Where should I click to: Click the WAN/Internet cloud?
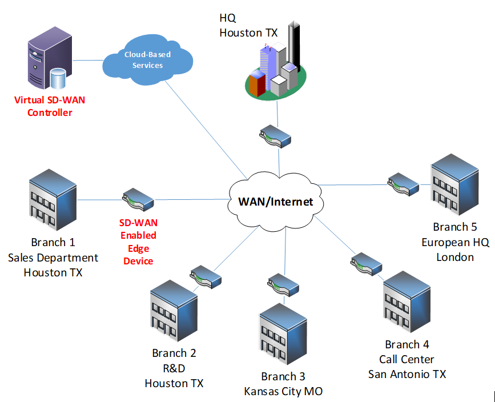click(275, 201)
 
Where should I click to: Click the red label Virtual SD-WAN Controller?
click(50, 106)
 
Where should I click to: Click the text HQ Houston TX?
click(248, 26)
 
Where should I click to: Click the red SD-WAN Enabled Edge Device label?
click(138, 242)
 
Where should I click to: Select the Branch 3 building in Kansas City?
click(283, 336)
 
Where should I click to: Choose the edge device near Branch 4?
click(366, 264)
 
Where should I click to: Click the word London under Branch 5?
click(455, 257)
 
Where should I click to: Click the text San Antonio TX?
click(407, 374)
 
